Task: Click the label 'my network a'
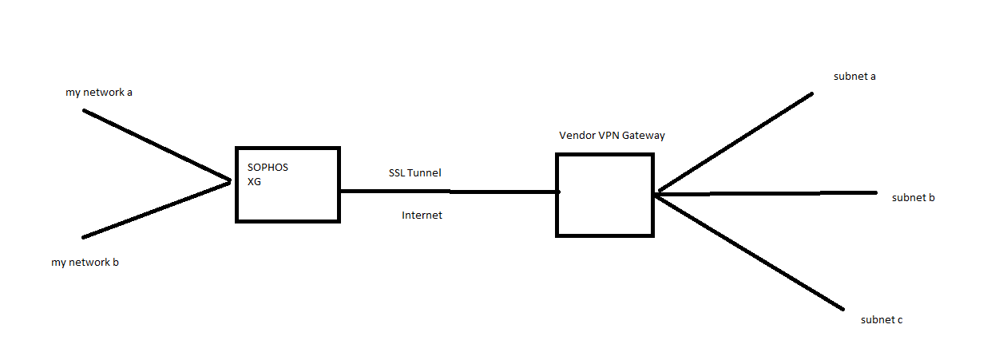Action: pyautogui.click(x=99, y=93)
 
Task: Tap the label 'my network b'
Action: pyautogui.click(x=85, y=262)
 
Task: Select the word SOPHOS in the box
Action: pyautogui.click(x=268, y=168)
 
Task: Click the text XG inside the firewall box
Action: pyautogui.click(x=255, y=182)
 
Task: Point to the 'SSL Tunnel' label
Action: pyautogui.click(x=414, y=172)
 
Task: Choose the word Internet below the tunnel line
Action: pyautogui.click(x=422, y=216)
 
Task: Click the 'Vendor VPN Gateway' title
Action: pyautogui.click(x=612, y=136)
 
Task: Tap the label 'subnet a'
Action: pyautogui.click(x=854, y=77)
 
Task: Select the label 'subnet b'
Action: pyautogui.click(x=913, y=197)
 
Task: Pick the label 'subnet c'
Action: pyautogui.click(x=882, y=320)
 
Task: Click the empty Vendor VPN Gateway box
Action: pyautogui.click(x=605, y=196)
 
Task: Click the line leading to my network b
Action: pyautogui.click(x=156, y=210)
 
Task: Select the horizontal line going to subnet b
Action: pyautogui.click(x=767, y=192)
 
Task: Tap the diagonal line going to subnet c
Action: pyautogui.click(x=751, y=251)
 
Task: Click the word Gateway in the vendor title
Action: pyautogui.click(x=644, y=136)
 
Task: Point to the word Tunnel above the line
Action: pyautogui.click(x=425, y=172)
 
